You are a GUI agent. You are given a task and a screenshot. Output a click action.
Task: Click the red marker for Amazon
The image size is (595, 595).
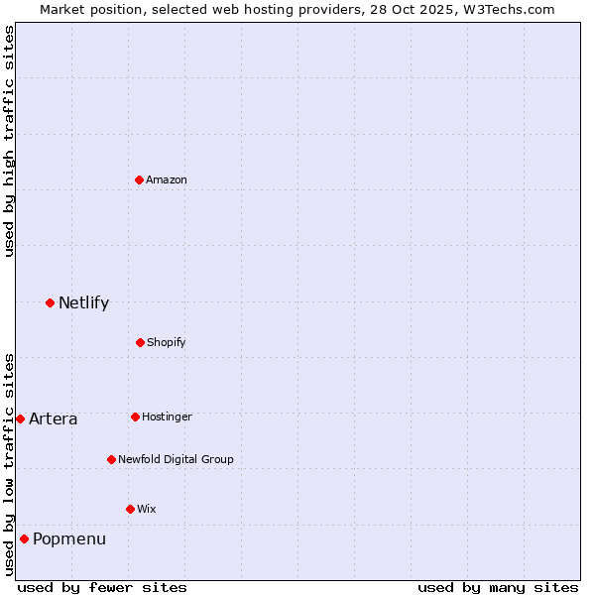click(140, 179)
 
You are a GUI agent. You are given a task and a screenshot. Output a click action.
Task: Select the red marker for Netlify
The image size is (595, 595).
click(50, 302)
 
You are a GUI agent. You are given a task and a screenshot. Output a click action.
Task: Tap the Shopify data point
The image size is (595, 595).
click(140, 342)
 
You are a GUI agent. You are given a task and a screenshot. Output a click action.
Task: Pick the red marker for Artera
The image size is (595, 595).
click(20, 418)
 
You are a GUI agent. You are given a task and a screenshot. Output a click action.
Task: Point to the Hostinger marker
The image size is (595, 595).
click(135, 416)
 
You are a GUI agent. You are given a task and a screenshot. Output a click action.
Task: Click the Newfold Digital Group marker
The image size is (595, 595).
click(111, 459)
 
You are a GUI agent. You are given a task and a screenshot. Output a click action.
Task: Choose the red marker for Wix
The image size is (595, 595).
click(130, 509)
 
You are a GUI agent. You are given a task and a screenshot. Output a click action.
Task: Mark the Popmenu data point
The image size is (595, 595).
click(24, 538)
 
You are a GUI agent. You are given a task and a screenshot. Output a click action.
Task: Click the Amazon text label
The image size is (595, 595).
click(167, 179)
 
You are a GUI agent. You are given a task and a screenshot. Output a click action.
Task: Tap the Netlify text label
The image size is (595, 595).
click(83, 302)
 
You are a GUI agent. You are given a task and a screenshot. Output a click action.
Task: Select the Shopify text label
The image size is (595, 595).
click(167, 342)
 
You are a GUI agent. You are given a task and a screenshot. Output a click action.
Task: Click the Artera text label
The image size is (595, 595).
click(53, 418)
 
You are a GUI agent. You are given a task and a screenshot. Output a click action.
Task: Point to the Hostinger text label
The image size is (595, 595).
click(167, 416)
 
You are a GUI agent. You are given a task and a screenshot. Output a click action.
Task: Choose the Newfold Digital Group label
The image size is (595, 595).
click(176, 459)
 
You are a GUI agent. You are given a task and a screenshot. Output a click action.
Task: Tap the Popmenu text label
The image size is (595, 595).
click(69, 538)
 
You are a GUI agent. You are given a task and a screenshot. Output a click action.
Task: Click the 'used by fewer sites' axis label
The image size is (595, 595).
click(102, 587)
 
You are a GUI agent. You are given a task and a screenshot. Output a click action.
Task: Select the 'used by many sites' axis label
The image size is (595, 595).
click(498, 587)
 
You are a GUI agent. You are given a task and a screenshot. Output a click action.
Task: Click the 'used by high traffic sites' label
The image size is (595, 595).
click(9, 141)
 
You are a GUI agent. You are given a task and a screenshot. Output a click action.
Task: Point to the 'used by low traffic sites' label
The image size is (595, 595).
click(9, 464)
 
